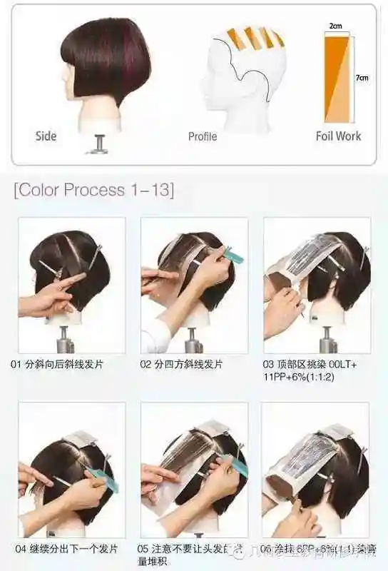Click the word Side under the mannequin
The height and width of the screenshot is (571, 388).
pyautogui.click(x=46, y=136)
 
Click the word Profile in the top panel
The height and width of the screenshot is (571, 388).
pyautogui.click(x=203, y=136)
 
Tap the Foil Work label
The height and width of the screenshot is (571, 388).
pyautogui.click(x=338, y=136)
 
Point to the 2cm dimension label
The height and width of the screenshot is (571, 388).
pyautogui.click(x=335, y=25)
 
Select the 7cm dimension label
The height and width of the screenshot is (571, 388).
pyautogui.click(x=362, y=78)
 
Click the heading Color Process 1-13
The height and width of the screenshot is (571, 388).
pyautogui.click(x=93, y=190)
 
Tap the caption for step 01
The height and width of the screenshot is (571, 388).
pyautogui.click(x=57, y=364)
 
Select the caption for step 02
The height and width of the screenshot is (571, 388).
pyautogui.click(x=181, y=364)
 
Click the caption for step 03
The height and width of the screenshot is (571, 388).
pyautogui.click(x=311, y=370)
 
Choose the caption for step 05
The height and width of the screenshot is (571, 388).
pyautogui.click(x=188, y=555)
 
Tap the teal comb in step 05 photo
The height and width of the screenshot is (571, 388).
pyautogui.click(x=236, y=465)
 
